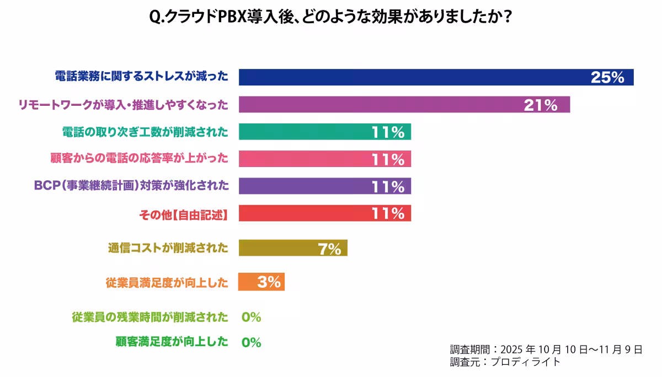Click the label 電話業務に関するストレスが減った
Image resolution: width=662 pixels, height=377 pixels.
[x=141, y=77]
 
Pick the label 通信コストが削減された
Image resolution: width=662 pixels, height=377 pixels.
[x=168, y=248]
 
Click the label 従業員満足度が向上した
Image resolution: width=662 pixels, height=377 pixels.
[x=167, y=283]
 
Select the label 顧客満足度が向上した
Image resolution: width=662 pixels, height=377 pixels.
[x=172, y=342]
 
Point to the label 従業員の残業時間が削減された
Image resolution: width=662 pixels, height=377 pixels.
[x=150, y=317]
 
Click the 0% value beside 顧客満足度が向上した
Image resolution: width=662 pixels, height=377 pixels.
[x=251, y=342]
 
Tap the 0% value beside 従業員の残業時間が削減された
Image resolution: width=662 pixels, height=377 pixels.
[x=251, y=317]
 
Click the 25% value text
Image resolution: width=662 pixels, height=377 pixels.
[x=607, y=78]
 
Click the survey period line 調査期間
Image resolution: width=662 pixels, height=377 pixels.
[x=546, y=349]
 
